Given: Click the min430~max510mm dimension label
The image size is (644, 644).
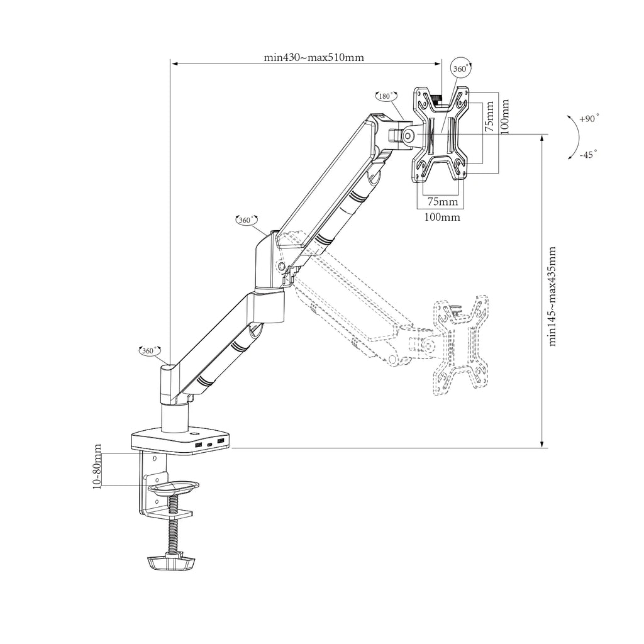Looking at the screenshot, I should (x=313, y=57).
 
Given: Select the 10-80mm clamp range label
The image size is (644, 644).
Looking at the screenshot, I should (x=97, y=466).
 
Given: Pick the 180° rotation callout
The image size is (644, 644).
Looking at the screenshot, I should (x=386, y=96).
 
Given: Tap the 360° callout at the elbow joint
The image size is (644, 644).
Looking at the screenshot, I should (x=246, y=220).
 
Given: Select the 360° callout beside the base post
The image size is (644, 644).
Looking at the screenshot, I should (x=150, y=350).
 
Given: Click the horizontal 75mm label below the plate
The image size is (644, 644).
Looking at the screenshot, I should (x=443, y=201).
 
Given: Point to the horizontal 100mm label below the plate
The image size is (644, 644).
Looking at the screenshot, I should (x=442, y=217).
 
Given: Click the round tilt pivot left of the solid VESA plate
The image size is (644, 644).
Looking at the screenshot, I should (x=409, y=135).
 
